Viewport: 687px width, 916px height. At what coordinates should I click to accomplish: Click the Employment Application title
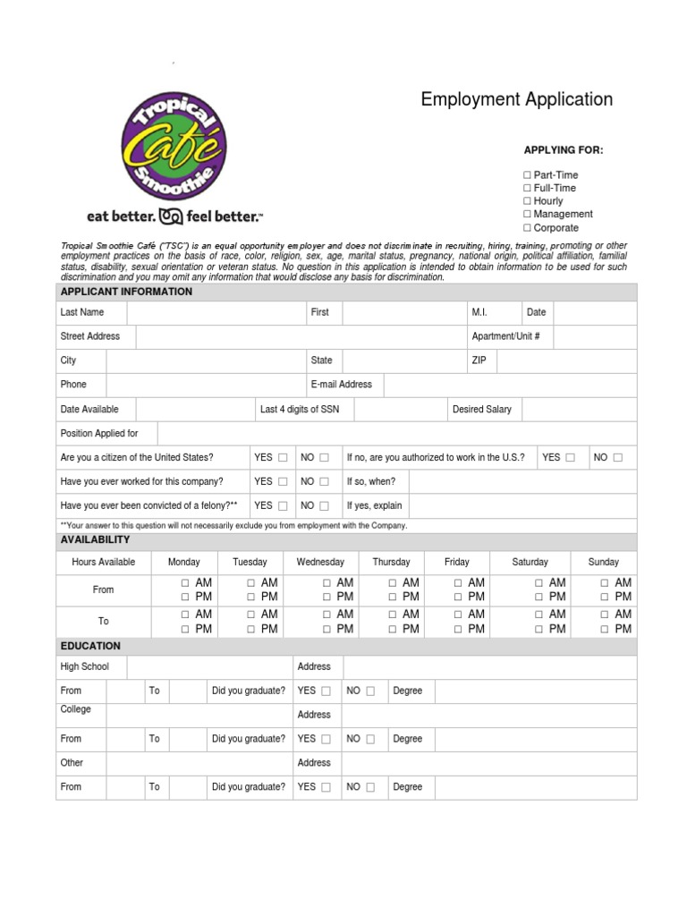(516, 99)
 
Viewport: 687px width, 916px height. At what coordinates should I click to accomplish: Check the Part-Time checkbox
(528, 175)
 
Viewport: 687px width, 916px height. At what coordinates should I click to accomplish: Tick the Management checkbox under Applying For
(528, 215)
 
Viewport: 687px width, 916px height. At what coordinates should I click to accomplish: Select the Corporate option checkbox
(528, 228)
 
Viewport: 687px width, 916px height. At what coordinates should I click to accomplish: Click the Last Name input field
(216, 312)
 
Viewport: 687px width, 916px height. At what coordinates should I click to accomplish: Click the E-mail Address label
(341, 385)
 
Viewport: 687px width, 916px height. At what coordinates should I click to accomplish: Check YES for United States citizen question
(283, 458)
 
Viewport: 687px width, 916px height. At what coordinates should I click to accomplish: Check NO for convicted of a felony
(324, 506)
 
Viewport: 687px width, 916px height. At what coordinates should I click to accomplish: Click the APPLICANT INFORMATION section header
(126, 292)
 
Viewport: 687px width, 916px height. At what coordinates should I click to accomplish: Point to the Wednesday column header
(320, 562)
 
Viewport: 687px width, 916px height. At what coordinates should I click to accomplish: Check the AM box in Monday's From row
(184, 583)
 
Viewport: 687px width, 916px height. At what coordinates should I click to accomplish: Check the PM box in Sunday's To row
(606, 630)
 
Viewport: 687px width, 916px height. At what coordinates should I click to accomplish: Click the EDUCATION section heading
(90, 646)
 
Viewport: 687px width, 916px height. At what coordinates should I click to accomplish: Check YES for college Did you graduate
(326, 740)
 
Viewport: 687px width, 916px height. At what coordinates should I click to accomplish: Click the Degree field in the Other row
(535, 787)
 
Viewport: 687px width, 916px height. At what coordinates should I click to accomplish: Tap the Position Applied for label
(99, 434)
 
